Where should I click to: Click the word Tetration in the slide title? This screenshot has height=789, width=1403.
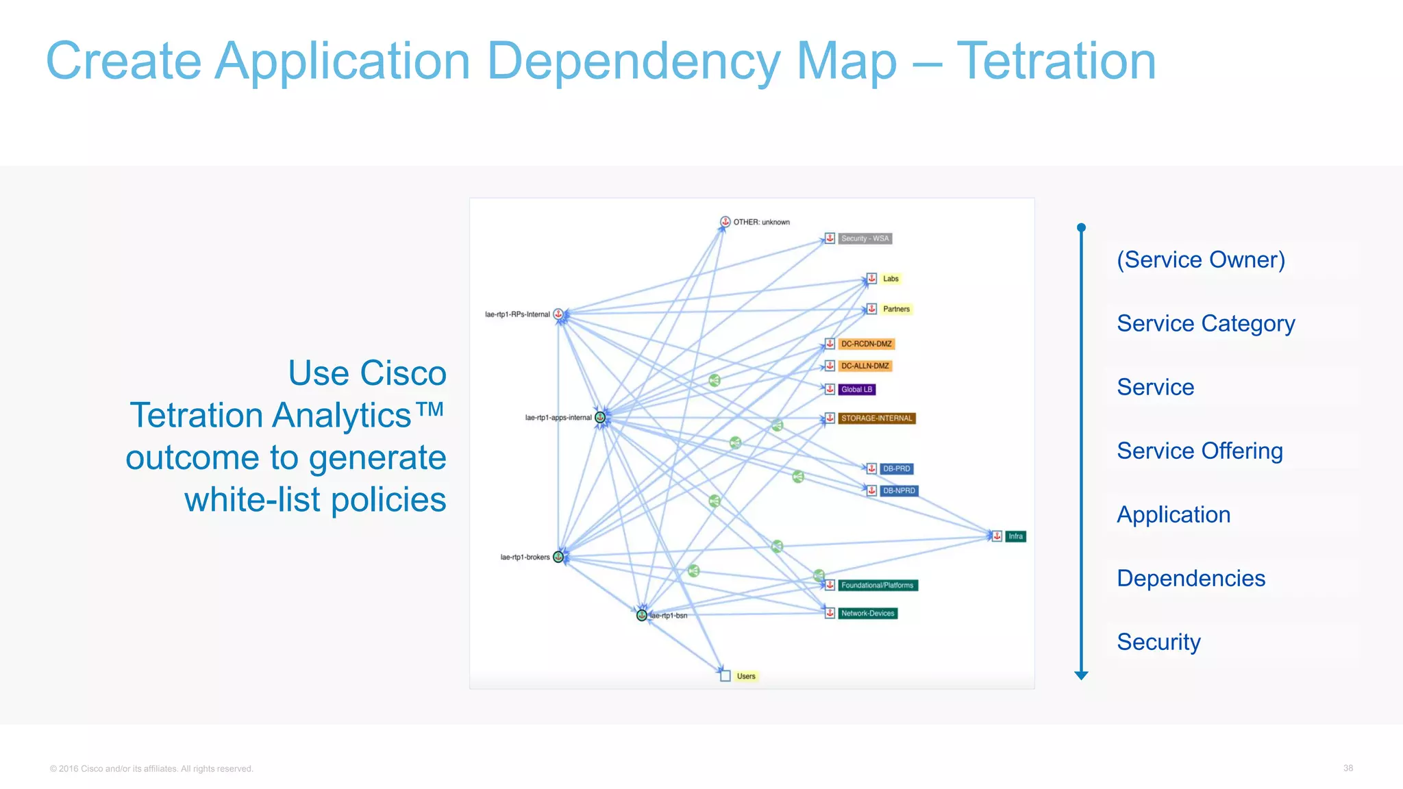(x=1056, y=62)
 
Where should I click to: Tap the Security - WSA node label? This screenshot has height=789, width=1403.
(x=865, y=238)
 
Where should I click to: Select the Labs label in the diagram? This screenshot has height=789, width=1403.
(x=891, y=279)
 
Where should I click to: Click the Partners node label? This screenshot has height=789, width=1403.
(x=896, y=309)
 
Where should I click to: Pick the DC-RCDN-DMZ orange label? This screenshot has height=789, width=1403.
(x=866, y=344)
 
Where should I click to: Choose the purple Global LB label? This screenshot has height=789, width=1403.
(x=856, y=389)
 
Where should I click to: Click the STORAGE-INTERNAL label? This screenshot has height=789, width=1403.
(x=876, y=418)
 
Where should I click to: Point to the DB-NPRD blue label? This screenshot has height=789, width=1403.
(x=898, y=490)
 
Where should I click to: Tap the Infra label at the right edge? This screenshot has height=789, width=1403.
(x=1015, y=536)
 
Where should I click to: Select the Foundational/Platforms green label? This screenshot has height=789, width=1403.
(x=877, y=585)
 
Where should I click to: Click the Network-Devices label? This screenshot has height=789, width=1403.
(x=867, y=613)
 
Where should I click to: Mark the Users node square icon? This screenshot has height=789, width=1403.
(x=725, y=676)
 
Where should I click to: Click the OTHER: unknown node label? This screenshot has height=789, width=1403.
(x=761, y=222)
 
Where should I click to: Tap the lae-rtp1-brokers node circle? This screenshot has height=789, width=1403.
(x=558, y=557)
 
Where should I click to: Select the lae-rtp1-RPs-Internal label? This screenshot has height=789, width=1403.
(x=517, y=314)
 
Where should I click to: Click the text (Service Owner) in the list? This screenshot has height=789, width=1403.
(x=1200, y=260)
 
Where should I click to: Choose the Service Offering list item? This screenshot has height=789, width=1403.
(x=1199, y=451)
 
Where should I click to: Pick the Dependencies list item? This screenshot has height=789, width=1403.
(x=1191, y=578)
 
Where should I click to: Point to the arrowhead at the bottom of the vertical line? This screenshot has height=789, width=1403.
(x=1081, y=675)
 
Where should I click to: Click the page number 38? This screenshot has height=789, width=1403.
(x=1348, y=768)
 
